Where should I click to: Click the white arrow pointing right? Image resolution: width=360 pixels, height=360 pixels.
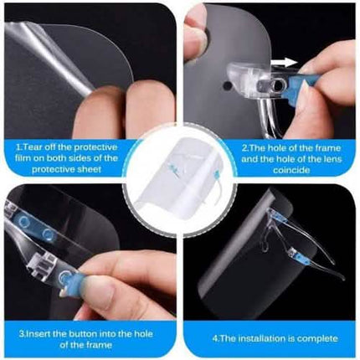click(284, 63)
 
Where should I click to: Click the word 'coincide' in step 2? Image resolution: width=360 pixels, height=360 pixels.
click(291, 170)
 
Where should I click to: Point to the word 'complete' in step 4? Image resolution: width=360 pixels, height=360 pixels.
click(317, 338)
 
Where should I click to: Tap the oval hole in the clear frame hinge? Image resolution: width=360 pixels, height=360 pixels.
click(278, 85)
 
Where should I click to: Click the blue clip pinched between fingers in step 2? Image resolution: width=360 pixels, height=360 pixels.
click(301, 85)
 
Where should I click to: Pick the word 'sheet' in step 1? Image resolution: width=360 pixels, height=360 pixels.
click(89, 169)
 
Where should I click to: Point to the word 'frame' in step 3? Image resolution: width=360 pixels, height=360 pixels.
click(99, 345)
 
